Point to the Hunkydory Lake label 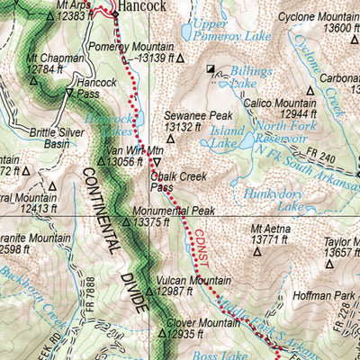(279, 199)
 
